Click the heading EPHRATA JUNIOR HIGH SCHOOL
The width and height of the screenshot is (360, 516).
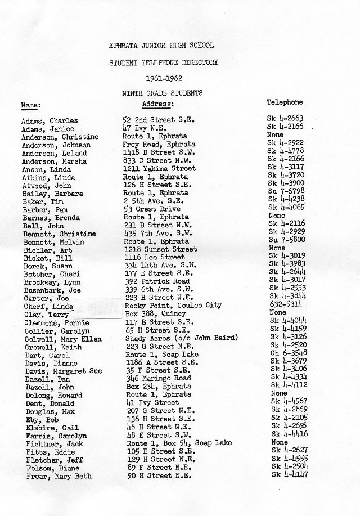pos(162,45)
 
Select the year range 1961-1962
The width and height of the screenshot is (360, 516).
pos(162,78)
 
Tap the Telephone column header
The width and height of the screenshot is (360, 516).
pos(285,102)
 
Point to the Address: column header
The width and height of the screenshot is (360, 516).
pos(158,104)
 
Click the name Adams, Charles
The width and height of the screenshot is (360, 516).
pos(49,120)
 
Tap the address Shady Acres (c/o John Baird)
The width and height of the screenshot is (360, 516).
pos(182,338)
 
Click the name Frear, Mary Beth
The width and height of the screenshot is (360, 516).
pos(58,476)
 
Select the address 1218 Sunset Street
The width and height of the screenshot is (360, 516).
pos(160,249)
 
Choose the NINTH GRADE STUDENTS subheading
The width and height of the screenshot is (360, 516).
pos(162,93)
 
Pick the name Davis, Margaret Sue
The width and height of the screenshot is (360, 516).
pos(61,371)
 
